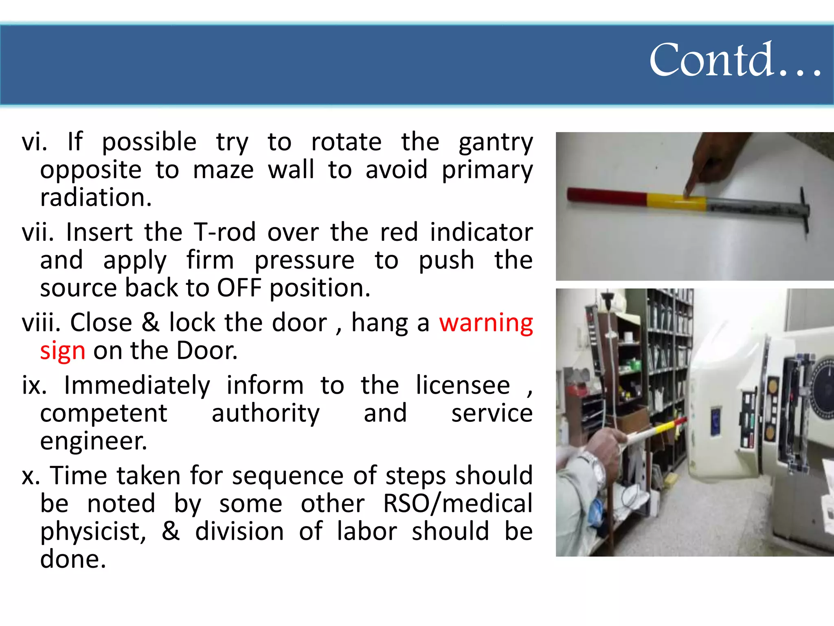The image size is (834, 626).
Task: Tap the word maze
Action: [223, 170]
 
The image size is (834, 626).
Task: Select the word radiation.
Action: [96, 198]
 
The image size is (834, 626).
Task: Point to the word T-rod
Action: [224, 232]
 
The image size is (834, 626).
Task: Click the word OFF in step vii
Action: [239, 288]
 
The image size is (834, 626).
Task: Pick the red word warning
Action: [486, 323]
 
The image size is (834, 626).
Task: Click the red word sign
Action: [63, 351]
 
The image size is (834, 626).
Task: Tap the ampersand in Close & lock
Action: [150, 323]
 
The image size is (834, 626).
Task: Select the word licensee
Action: [463, 386]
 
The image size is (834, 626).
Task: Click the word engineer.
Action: [93, 441]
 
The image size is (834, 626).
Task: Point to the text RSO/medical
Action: [458, 504]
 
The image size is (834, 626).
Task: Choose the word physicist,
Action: [93, 532]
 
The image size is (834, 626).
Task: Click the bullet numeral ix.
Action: [34, 386]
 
